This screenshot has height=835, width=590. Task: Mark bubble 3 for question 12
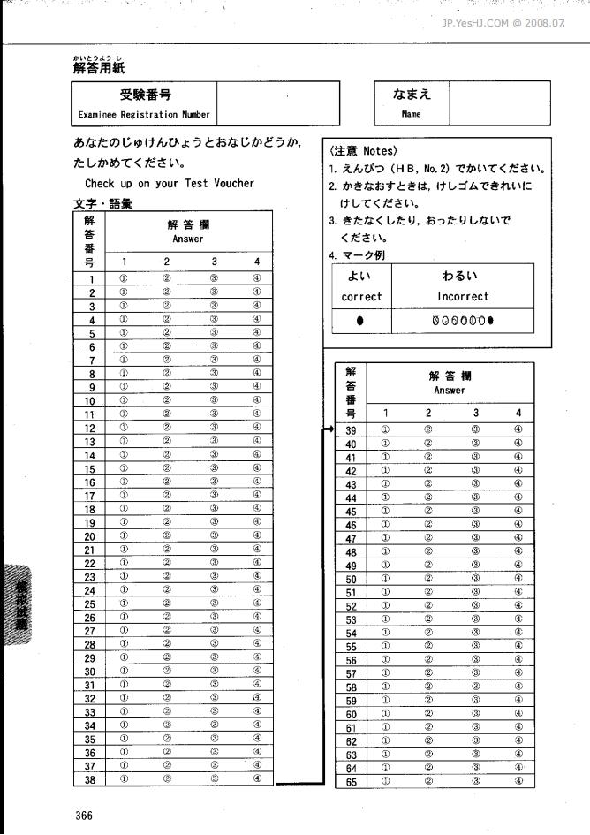[x=215, y=427]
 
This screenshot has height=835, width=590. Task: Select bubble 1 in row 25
[x=125, y=603]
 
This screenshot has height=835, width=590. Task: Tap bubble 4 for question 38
[x=256, y=779]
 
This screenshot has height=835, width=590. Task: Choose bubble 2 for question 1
[x=166, y=277]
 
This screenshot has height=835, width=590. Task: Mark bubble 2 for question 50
[x=428, y=579]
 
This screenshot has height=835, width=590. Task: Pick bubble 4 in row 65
[x=518, y=781]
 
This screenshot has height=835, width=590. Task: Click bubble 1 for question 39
[x=385, y=430]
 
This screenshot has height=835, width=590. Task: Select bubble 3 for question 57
[x=475, y=673]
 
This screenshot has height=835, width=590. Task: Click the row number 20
[x=89, y=536]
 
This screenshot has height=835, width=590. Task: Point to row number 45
[x=351, y=512]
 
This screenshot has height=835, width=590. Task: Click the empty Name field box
[x=499, y=103]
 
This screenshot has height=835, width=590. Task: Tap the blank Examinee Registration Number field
[x=277, y=103]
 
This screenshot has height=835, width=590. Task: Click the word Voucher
[x=233, y=184]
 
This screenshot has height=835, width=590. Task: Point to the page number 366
[x=84, y=816]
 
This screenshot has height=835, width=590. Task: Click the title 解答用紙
[x=91, y=67]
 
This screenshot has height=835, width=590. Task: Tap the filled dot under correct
[x=360, y=320]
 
